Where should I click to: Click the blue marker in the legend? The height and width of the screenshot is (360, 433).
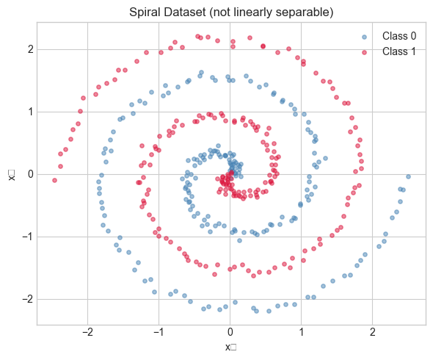tap(363, 36)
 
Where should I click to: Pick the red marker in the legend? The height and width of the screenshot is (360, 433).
tap(363, 51)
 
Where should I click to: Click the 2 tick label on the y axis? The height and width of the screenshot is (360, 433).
tap(28, 49)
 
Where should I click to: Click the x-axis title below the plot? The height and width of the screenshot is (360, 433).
tap(230, 347)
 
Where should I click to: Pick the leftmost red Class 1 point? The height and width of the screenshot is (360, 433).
tap(54, 180)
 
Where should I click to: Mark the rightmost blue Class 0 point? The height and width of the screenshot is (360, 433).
tap(408, 176)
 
